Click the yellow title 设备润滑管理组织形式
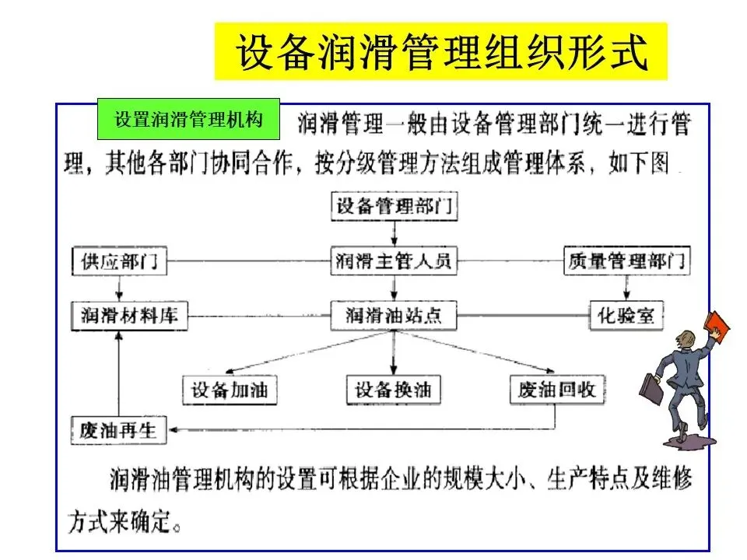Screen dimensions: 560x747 440,51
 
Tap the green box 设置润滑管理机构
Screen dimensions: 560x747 188,121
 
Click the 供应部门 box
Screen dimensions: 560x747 119,261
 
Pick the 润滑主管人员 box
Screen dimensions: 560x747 393,261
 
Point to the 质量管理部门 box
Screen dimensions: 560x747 626,261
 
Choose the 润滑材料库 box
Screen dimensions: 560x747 130,315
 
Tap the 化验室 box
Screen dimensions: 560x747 626,315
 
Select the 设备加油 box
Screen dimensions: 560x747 229,389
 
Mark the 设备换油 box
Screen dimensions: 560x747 393,389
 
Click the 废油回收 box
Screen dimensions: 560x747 556,389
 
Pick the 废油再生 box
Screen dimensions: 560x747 118,430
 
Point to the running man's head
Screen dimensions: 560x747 684,340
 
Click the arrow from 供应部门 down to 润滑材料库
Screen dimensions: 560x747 119,288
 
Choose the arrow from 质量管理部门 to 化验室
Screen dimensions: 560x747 626,288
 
